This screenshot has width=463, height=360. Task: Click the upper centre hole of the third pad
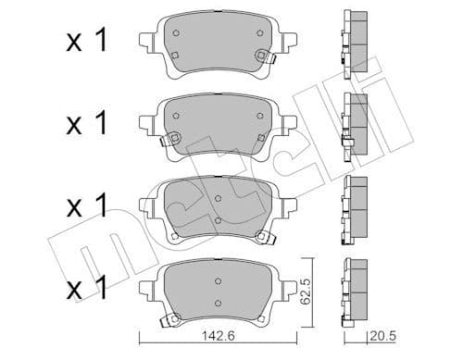pyautogui.click(x=217, y=197)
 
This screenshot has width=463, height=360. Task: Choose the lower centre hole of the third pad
pyautogui.click(x=217, y=219)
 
